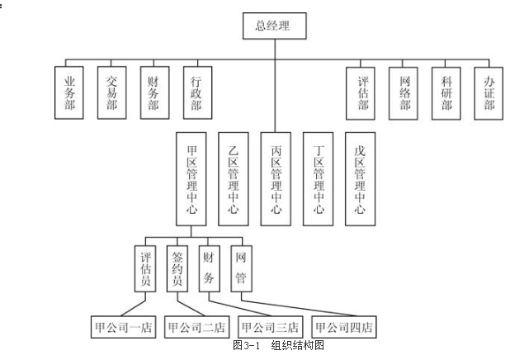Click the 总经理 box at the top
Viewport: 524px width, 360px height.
[274, 26]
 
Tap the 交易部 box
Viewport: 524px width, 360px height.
[111, 92]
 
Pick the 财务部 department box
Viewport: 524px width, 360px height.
[153, 92]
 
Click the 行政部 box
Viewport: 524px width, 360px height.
[196, 92]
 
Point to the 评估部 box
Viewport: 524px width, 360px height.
[361, 92]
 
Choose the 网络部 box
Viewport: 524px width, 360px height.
[404, 92]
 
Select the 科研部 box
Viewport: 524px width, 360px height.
[446, 92]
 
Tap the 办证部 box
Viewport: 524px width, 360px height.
[489, 92]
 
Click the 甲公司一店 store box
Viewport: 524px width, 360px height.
[123, 327]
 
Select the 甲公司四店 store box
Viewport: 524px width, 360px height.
[344, 327]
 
